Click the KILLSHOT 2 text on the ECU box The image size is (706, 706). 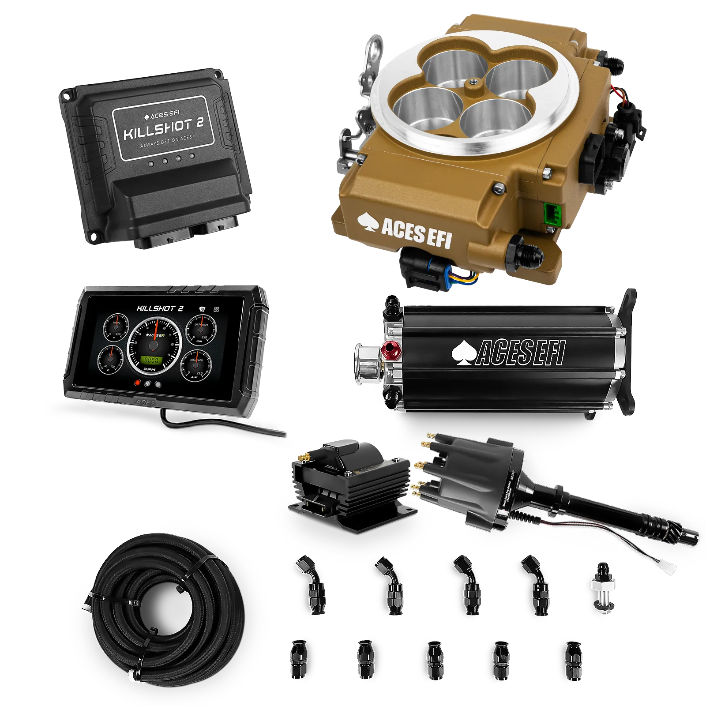pos(164,128)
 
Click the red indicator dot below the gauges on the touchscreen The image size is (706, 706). pos(138,383)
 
